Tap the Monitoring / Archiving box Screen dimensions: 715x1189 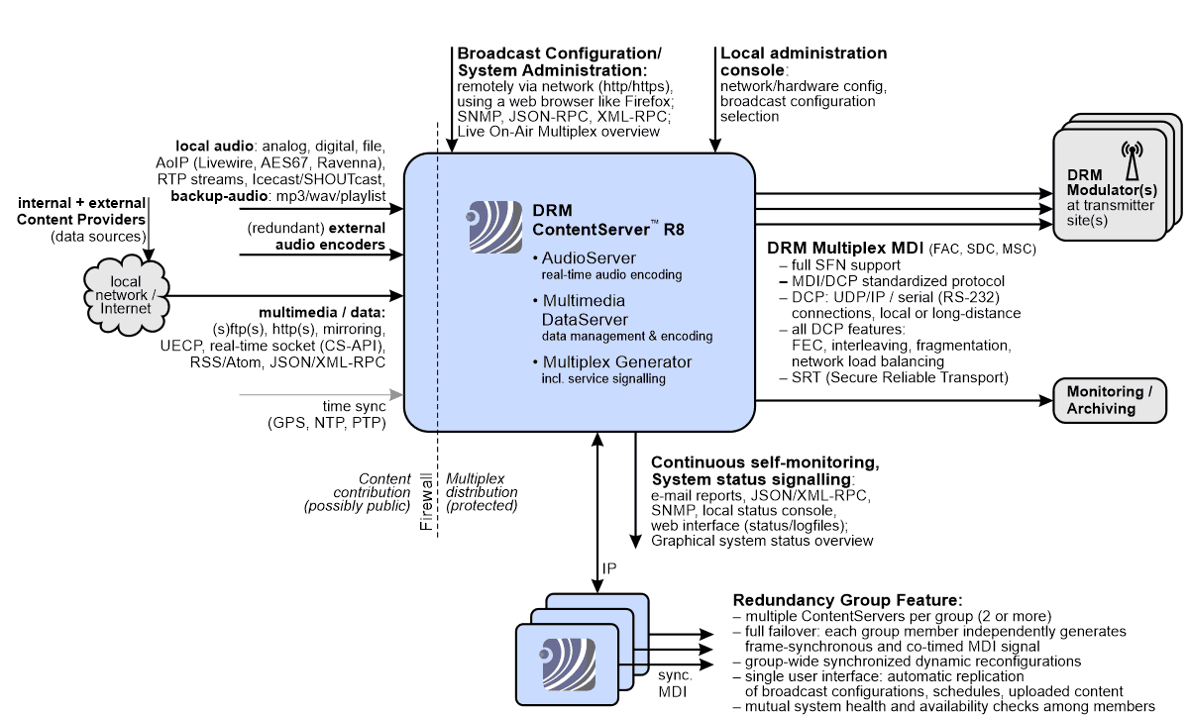[x=1109, y=401]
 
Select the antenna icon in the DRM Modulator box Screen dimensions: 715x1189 [x=1131, y=160]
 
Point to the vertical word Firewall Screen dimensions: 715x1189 [x=427, y=504]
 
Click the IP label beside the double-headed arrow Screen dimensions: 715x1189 [x=610, y=569]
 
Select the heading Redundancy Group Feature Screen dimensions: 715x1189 [x=847, y=601]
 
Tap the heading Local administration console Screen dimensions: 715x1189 [x=804, y=62]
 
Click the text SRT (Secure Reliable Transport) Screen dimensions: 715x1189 [x=898, y=377]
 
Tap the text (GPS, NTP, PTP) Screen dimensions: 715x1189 [x=327, y=424]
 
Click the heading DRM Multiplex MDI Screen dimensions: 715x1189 [x=845, y=247]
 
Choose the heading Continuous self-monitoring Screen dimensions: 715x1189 [x=765, y=462]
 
